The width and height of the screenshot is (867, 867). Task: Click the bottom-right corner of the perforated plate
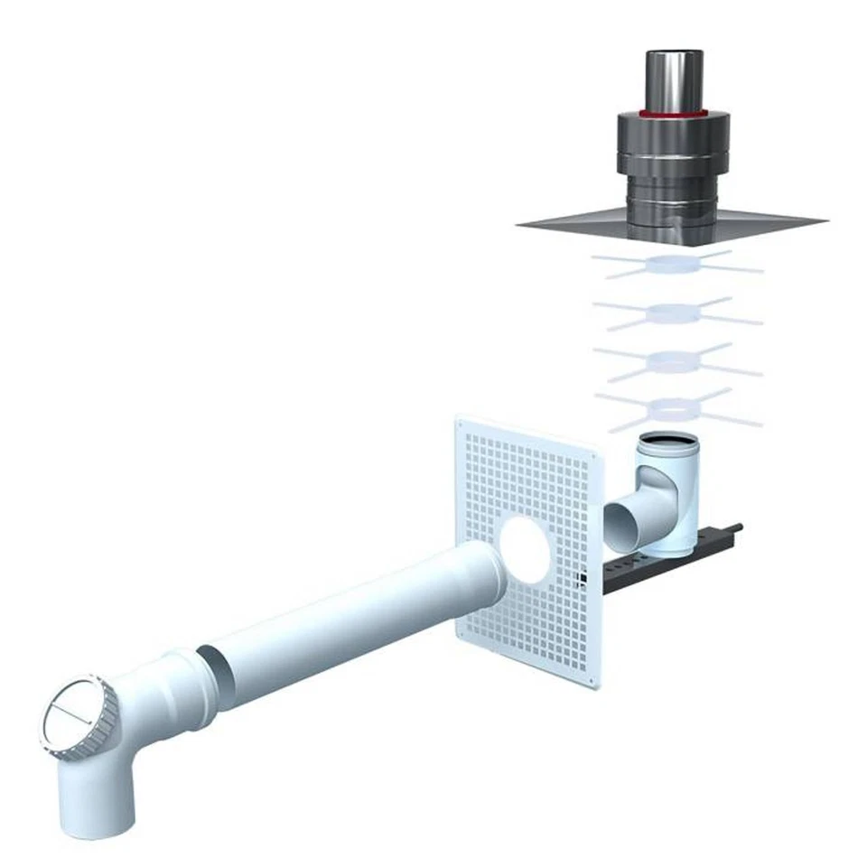tap(601, 685)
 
